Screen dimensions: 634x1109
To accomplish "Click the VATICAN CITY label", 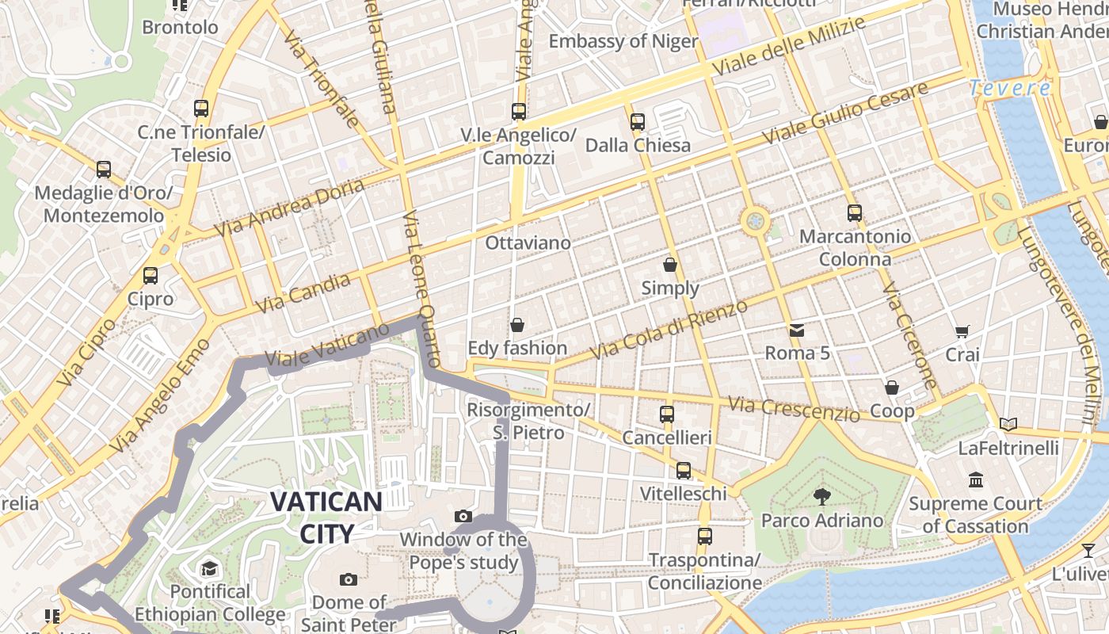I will click(x=326, y=517).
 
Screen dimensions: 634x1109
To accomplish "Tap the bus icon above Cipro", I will click(x=151, y=276).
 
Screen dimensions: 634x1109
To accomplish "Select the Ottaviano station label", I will click(x=528, y=243).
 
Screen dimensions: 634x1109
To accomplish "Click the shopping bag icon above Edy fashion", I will click(x=517, y=325).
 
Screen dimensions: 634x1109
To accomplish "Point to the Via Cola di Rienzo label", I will click(x=670, y=329).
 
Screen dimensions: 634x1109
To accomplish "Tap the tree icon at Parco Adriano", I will click(x=821, y=497).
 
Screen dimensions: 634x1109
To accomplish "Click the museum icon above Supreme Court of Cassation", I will click(x=976, y=479).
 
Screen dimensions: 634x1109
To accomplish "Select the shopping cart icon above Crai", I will click(x=962, y=331).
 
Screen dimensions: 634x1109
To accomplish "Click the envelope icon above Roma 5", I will click(x=796, y=330).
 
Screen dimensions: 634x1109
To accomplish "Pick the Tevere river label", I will click(x=1010, y=88).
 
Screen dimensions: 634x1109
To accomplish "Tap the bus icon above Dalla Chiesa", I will click(x=638, y=122).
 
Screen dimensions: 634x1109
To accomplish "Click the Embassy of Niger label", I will click(x=623, y=41).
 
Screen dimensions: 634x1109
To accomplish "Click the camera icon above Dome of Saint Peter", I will click(x=349, y=579).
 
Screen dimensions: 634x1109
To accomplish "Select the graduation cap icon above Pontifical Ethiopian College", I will click(x=209, y=568).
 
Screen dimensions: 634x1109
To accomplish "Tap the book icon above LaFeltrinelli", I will click(x=1008, y=425).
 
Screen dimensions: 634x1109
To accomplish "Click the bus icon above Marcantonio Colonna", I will click(x=854, y=213).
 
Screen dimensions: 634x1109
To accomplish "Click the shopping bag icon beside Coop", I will click(x=892, y=388).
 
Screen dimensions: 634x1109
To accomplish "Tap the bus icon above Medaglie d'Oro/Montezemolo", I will click(x=104, y=169).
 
